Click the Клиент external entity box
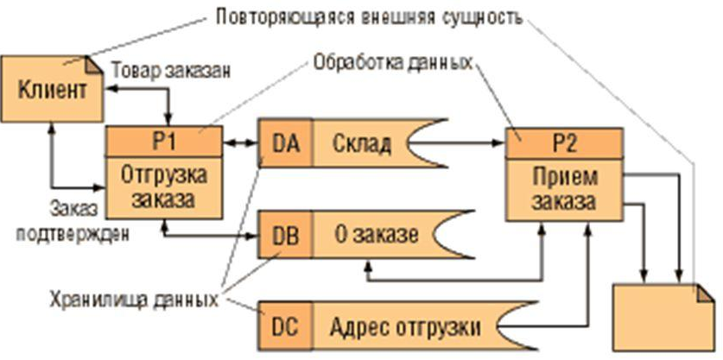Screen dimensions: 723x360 pos(52,89)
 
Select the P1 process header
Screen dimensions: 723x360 pos(164,142)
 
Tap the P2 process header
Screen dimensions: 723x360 pos(564,143)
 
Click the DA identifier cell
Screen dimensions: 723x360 pos(285,143)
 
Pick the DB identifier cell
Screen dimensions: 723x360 pos(285,235)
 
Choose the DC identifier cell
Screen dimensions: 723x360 pos(285,326)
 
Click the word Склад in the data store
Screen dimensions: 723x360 pos(361,144)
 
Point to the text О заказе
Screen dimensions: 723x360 pos(377,235)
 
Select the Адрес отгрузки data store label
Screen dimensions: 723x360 pos(405,327)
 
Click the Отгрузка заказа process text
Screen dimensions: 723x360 pos(165,187)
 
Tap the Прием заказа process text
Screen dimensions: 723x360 pos(564,189)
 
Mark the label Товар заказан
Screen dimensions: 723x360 pos(171,72)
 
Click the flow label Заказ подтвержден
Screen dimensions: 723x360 pos(73,221)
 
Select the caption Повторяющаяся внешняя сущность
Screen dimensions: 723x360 pos(370,18)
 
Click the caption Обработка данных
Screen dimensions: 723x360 pos(393,62)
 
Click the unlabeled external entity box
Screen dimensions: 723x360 pos(664,318)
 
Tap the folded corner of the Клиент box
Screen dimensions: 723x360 pos(94,64)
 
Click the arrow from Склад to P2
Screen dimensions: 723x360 pos(457,143)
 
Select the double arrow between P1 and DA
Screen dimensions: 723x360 pos(240,143)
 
